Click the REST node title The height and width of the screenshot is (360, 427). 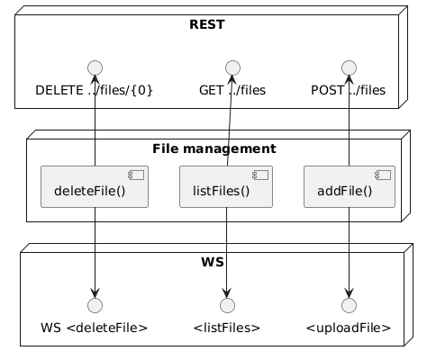coord(207,24)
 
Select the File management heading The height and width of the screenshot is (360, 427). coord(214,148)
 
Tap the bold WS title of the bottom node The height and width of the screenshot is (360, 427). coord(213,262)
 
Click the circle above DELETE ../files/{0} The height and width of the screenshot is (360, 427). coord(95,67)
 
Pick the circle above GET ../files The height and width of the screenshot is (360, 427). coord(232,67)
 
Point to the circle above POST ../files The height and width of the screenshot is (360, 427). coord(349,67)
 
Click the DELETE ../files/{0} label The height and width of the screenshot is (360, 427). coord(94,90)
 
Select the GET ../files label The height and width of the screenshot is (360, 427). coord(232,90)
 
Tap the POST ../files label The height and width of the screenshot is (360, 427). coord(349,90)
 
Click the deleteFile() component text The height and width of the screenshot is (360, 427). coord(90,191)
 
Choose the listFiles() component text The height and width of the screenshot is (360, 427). coord(221,191)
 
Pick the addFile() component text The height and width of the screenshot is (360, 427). coord(345,191)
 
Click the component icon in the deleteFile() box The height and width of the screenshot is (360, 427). coord(136,175)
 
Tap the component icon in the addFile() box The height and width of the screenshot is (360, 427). coord(383,175)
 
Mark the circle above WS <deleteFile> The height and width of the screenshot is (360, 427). coord(95,305)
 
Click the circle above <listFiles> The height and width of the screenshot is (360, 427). coord(227,305)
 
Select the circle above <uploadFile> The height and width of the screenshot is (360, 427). coord(349,305)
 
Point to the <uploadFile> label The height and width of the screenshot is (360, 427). coord(349,328)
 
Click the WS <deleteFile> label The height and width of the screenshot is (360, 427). coord(95,328)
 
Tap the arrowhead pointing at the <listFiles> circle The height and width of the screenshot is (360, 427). coord(227,292)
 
